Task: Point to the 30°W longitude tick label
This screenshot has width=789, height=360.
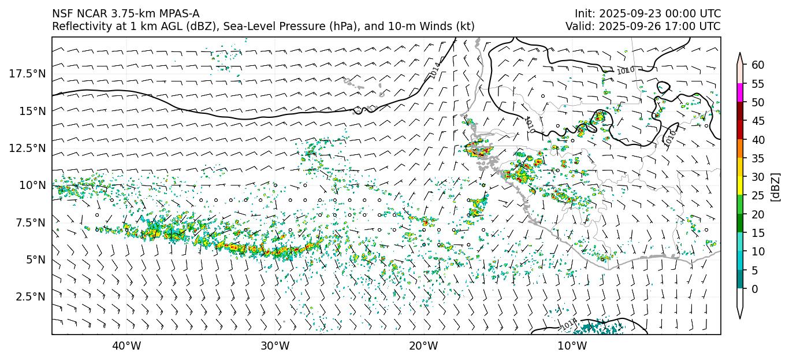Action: click(x=275, y=346)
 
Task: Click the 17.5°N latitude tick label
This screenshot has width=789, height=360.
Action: click(x=28, y=73)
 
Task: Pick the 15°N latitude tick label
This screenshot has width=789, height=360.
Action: click(x=32, y=110)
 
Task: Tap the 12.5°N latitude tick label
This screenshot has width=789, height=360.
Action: click(x=28, y=148)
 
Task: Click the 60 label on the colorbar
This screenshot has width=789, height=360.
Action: click(x=758, y=65)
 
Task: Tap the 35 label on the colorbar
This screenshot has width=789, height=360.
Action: click(x=758, y=158)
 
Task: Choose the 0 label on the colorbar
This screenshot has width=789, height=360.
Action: click(x=755, y=289)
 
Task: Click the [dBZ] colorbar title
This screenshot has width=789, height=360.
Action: click(x=776, y=186)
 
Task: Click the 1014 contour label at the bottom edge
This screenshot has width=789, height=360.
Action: click(x=568, y=325)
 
